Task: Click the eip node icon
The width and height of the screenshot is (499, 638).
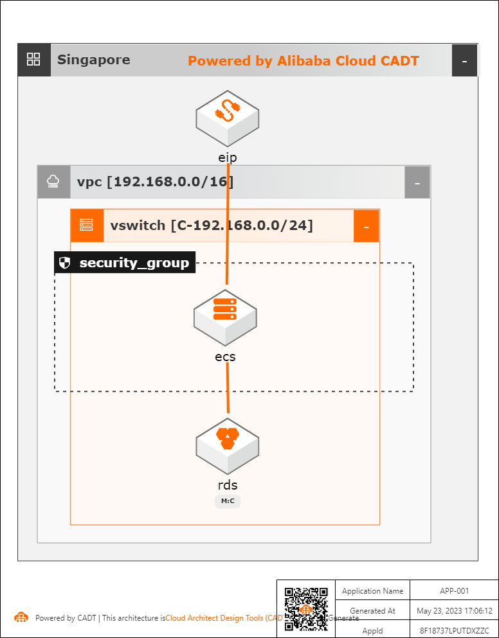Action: (227, 117)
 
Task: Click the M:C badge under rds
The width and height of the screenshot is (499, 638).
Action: (228, 501)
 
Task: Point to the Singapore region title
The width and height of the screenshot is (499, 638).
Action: (93, 60)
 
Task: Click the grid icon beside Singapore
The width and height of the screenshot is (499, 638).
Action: (33, 60)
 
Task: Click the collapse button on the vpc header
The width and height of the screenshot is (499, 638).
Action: (417, 182)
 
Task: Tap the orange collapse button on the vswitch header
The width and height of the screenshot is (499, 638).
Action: (366, 226)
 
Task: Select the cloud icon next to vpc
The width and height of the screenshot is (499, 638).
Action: (53, 182)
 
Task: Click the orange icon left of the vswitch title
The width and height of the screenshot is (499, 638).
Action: (86, 226)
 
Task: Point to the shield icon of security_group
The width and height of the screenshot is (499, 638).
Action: (64, 263)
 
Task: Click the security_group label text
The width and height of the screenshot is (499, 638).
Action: (134, 263)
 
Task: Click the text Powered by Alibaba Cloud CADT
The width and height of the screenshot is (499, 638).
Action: (303, 61)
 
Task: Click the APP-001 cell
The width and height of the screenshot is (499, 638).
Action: (455, 591)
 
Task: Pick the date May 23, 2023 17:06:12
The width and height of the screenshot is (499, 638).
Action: (455, 610)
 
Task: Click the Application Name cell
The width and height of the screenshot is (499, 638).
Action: (372, 591)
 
